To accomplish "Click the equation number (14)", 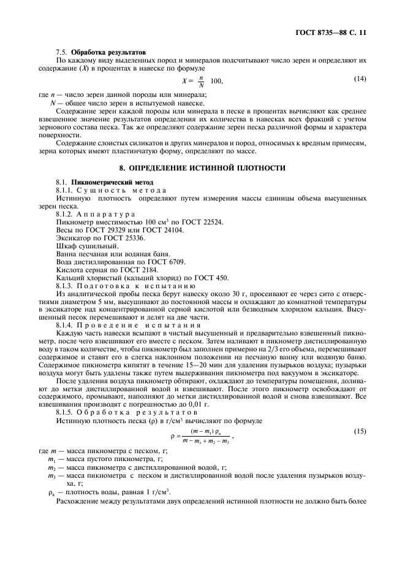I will (x=360, y=79).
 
